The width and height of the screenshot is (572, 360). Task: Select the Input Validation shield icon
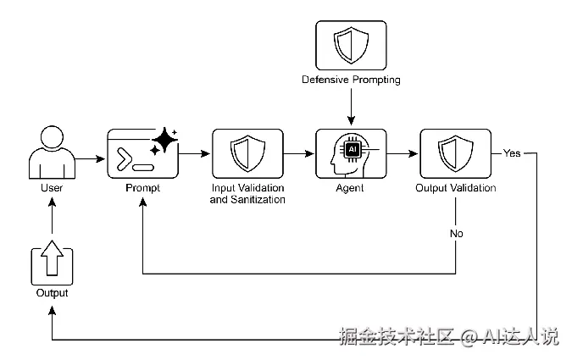click(x=247, y=153)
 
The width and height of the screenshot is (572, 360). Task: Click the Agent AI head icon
click(x=351, y=153)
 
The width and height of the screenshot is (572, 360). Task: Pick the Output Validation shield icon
click(x=455, y=153)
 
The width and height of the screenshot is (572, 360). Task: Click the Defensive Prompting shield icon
click(x=351, y=46)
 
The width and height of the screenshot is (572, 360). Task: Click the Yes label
click(x=512, y=154)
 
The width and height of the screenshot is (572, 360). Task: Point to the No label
click(x=456, y=233)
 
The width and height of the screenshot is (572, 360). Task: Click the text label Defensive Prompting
click(x=351, y=80)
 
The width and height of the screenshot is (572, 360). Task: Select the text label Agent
click(x=351, y=188)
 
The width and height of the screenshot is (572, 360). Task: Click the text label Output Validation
click(x=455, y=188)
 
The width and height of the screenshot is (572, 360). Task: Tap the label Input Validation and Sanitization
click(x=247, y=193)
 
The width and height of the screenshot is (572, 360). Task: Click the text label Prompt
click(x=142, y=188)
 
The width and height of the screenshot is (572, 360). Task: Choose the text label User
click(x=52, y=188)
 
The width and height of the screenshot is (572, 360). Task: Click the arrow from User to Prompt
click(x=90, y=158)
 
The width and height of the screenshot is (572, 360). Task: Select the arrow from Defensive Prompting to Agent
click(x=351, y=106)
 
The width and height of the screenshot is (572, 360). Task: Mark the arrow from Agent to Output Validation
click(x=403, y=154)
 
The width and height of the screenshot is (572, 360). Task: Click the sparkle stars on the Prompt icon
click(x=164, y=140)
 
